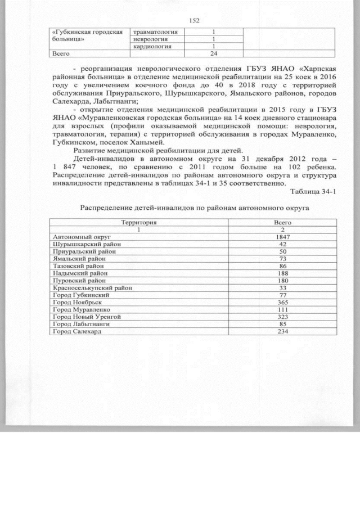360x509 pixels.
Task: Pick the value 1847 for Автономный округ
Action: (283, 237)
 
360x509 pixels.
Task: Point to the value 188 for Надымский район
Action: (283, 273)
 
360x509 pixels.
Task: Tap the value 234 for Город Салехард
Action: (283, 331)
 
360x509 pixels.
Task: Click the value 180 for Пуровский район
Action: (283, 281)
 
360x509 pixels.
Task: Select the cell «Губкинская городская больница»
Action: (87, 36)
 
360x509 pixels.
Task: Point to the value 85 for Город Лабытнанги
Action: (283, 325)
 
